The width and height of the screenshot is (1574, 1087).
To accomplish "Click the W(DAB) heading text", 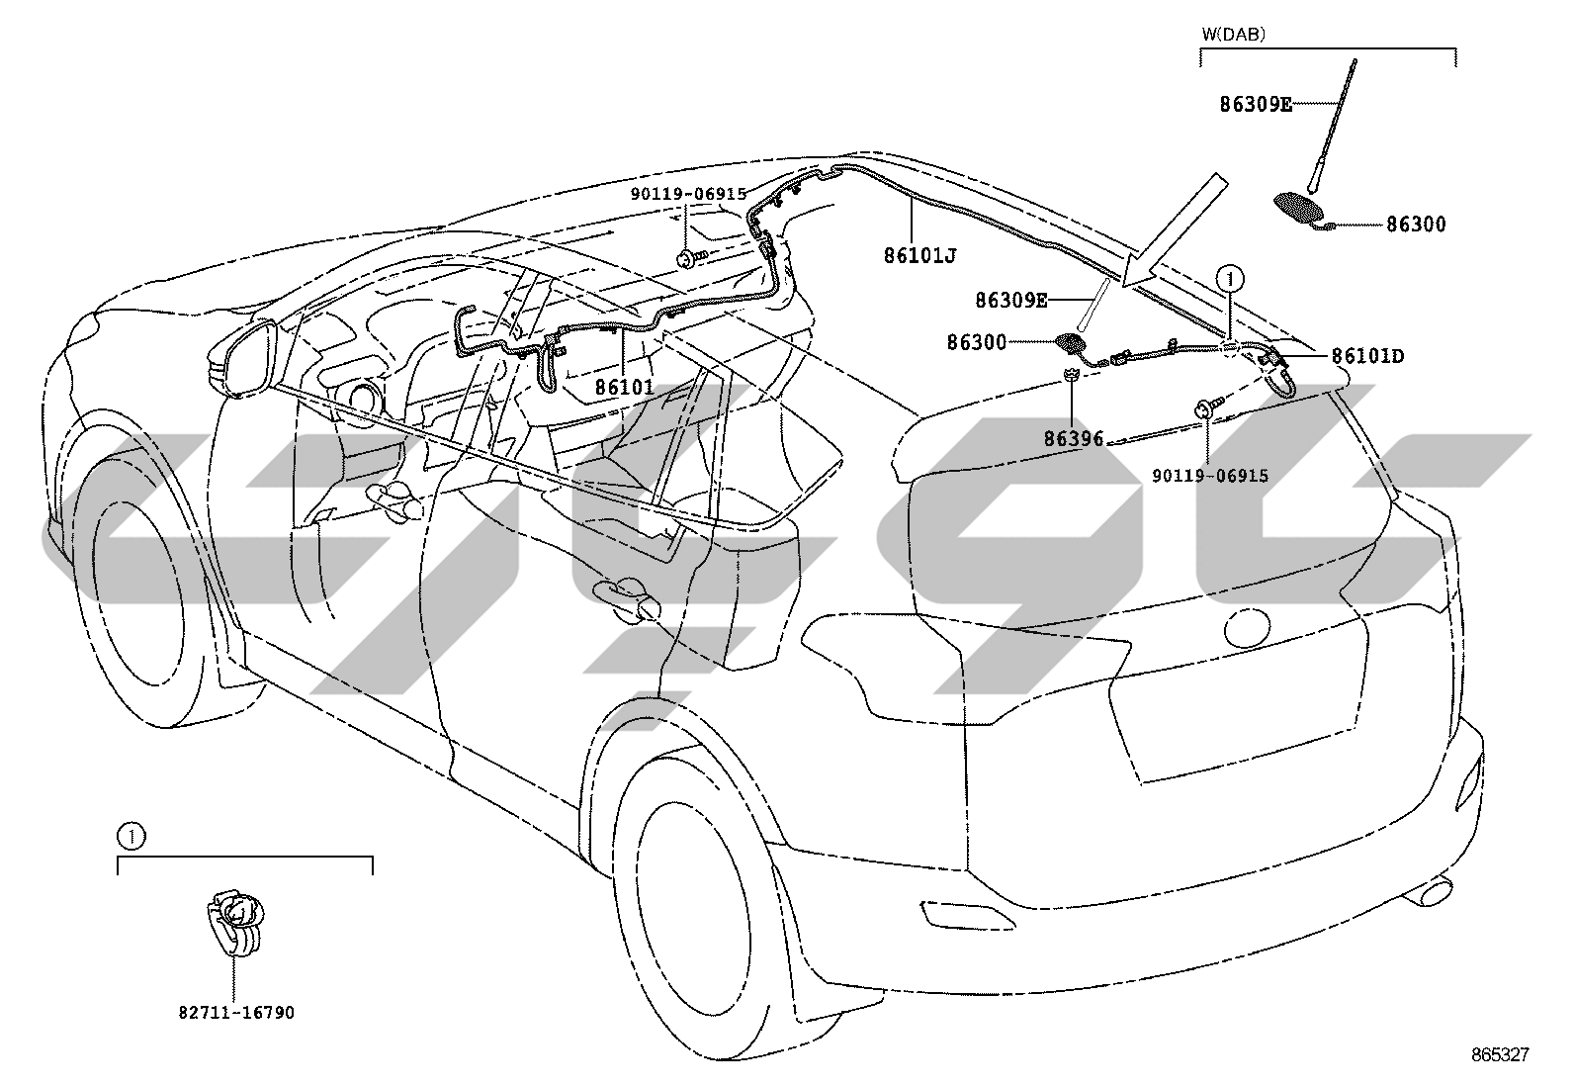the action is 1233,34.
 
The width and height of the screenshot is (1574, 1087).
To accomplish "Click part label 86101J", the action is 919,255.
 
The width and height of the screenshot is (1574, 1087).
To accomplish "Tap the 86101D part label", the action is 1367,356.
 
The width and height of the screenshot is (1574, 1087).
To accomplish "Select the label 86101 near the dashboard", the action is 625,387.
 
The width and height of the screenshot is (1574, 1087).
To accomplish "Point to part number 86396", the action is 1073,439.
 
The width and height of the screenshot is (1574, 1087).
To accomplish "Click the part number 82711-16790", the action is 236,1013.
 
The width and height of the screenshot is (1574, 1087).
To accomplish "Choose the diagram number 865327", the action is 1500,1054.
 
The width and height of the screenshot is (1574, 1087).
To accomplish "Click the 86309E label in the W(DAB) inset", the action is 1256,105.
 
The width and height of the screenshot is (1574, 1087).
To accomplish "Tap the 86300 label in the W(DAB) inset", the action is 1416,225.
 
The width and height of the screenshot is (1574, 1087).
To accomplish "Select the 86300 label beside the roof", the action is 977,342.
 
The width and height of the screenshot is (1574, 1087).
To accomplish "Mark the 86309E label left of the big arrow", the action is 1011,301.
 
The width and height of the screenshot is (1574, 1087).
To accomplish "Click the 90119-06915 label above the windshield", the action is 688,193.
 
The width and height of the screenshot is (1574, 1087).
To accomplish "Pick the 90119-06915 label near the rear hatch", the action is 1210,476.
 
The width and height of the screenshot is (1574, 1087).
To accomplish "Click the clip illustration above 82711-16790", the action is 236,922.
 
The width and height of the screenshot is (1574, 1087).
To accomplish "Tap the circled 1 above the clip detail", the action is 131,837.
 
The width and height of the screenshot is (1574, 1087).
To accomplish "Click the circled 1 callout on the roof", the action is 1230,279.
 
